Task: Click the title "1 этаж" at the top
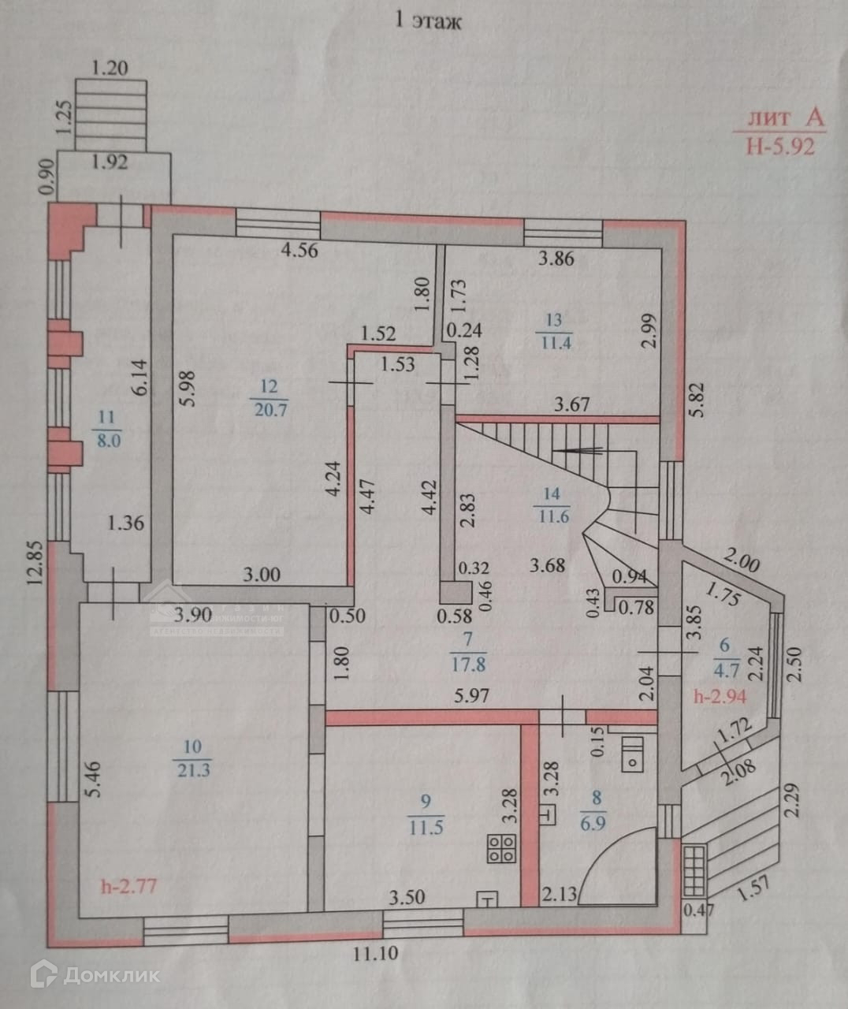pyautogui.click(x=427, y=20)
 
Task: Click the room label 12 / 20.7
pyautogui.click(x=269, y=397)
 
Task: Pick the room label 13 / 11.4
pyautogui.click(x=554, y=330)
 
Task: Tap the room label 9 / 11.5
pyautogui.click(x=426, y=814)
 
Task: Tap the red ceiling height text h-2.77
pyautogui.click(x=130, y=885)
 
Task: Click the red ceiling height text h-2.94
pyautogui.click(x=720, y=696)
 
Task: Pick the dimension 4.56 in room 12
pyautogui.click(x=300, y=251)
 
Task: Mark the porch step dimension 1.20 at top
pyautogui.click(x=110, y=68)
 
